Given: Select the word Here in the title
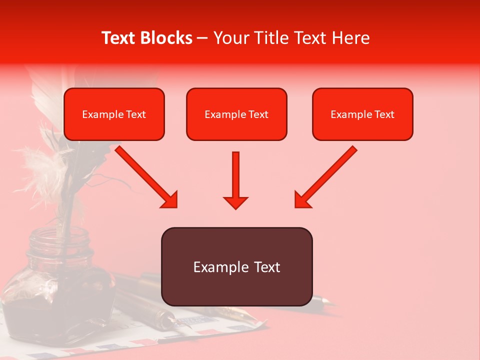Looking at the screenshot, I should click(x=350, y=38).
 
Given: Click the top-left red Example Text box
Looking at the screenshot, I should click(x=114, y=114).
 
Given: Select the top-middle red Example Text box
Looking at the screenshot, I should click(x=236, y=114).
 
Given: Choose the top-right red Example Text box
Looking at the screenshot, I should click(x=362, y=114).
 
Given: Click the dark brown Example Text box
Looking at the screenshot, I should click(x=236, y=267).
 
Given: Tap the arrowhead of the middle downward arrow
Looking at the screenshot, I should click(x=236, y=202).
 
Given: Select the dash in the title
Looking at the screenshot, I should click(x=202, y=38).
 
